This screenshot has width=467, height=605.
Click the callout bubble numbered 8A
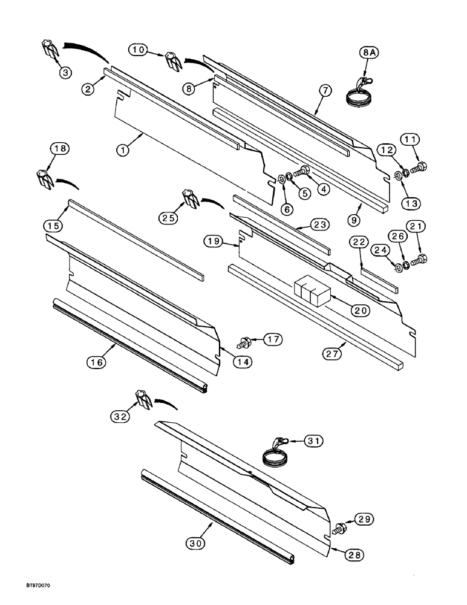tap(369, 53)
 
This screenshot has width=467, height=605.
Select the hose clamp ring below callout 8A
tap(358, 96)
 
